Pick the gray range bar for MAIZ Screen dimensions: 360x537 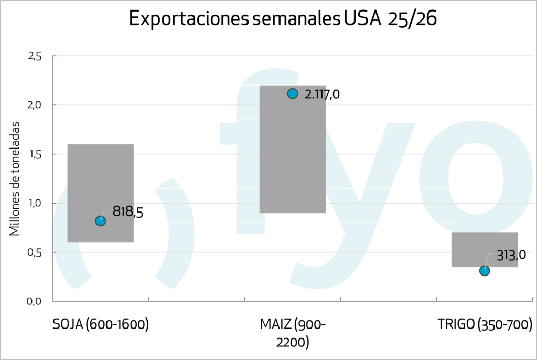tap(293, 152)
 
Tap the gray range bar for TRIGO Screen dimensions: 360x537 tap(485, 247)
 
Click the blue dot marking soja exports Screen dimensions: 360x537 tap(101, 221)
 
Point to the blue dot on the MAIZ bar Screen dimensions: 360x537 tap(293, 93)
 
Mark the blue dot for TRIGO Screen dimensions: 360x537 tap(485, 271)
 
